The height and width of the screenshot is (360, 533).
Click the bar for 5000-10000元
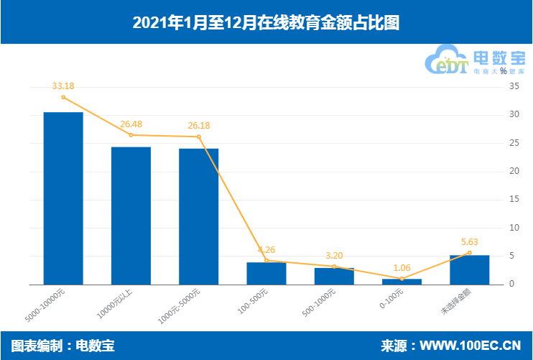point(63,198)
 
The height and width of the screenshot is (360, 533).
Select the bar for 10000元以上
point(131,216)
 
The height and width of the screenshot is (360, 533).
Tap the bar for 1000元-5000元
point(198,216)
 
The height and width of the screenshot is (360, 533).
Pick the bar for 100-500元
point(266,273)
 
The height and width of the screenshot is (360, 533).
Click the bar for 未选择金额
point(469,269)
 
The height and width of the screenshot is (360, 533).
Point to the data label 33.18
point(63,86)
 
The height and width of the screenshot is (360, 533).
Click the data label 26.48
point(131,124)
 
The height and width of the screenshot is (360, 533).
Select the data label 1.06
point(402,268)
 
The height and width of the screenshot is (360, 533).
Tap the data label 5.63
point(469,242)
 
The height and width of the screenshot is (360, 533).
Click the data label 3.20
point(334,256)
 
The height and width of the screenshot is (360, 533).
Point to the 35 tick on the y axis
point(514,87)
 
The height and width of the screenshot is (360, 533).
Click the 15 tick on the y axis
point(514,200)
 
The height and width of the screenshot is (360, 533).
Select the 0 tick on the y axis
point(512,285)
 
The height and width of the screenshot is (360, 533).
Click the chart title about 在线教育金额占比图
point(266,22)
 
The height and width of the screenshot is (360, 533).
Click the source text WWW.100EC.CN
point(470,346)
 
